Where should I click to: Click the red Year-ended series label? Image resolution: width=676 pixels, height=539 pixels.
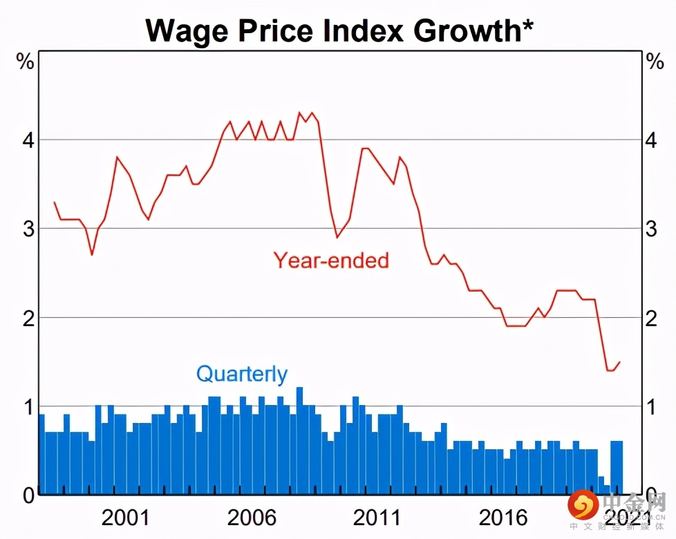coord(331,260)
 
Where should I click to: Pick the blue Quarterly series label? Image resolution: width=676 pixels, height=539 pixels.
coord(242,374)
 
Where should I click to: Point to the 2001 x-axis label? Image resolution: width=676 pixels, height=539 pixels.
coord(124,517)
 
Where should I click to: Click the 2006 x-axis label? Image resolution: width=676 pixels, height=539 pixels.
coord(251,517)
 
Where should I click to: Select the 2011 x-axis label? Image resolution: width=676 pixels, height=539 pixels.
coord(377,517)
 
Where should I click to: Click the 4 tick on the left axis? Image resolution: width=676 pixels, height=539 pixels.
coord(28,140)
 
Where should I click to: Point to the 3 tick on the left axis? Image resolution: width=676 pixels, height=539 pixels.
coord(28,229)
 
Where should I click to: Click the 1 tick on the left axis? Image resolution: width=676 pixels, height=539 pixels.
coord(28,406)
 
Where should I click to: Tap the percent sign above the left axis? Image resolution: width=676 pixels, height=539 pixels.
coord(26,62)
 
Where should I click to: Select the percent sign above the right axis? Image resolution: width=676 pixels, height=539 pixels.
coord(654,62)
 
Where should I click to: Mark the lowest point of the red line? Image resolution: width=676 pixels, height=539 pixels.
coord(610,370)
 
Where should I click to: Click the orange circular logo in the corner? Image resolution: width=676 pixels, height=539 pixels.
coord(583,505)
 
